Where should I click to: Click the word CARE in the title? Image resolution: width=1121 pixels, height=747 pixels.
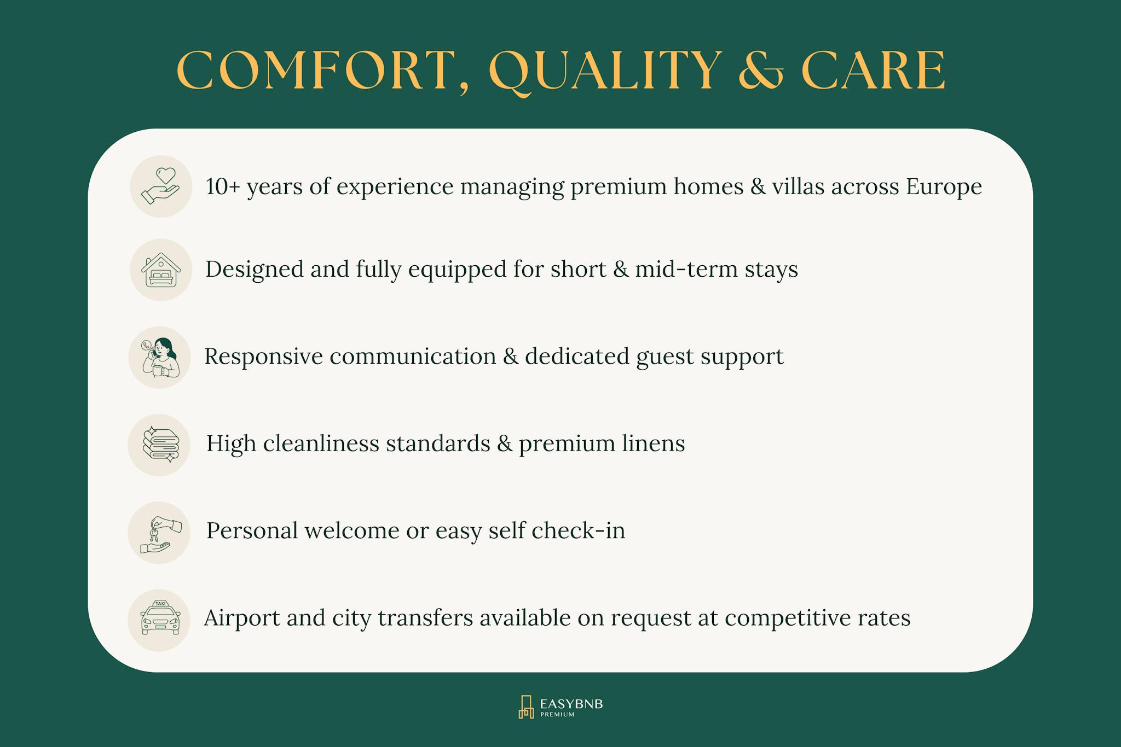pyautogui.click(x=874, y=71)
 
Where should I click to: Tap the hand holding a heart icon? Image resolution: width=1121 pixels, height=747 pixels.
pyautogui.click(x=160, y=186)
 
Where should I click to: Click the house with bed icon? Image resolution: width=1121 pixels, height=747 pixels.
pyautogui.click(x=160, y=270)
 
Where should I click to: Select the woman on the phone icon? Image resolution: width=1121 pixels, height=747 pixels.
pyautogui.click(x=160, y=358)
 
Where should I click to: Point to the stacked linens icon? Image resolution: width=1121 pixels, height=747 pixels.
pyautogui.click(x=159, y=445)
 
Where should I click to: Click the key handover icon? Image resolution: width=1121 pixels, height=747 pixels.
pyautogui.click(x=159, y=533)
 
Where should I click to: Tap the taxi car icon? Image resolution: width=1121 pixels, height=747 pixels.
pyautogui.click(x=159, y=618)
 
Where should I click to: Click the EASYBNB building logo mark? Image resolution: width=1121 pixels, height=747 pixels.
pyautogui.click(x=526, y=707)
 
